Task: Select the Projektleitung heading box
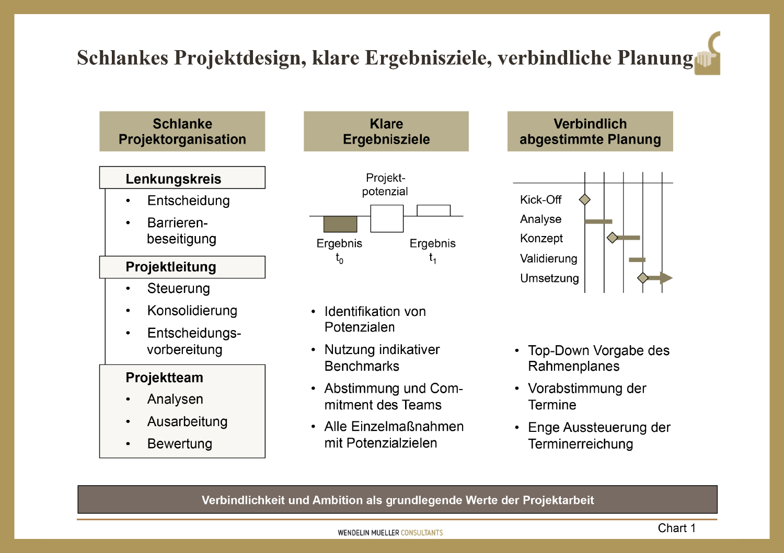182,267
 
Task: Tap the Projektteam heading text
164,378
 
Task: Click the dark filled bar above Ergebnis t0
340,224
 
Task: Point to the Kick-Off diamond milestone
585,199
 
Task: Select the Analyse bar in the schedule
598,221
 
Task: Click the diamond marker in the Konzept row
613,238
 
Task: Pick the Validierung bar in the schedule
637,260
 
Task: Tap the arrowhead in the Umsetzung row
666,278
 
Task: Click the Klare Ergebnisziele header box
386,132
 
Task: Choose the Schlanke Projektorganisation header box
182,132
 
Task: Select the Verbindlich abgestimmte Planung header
590,132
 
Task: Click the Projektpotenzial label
385,184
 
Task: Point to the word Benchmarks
362,366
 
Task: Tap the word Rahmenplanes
573,366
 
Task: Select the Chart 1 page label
676,528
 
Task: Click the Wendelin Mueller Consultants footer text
390,533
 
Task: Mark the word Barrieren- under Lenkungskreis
178,223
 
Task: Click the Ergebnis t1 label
432,250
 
